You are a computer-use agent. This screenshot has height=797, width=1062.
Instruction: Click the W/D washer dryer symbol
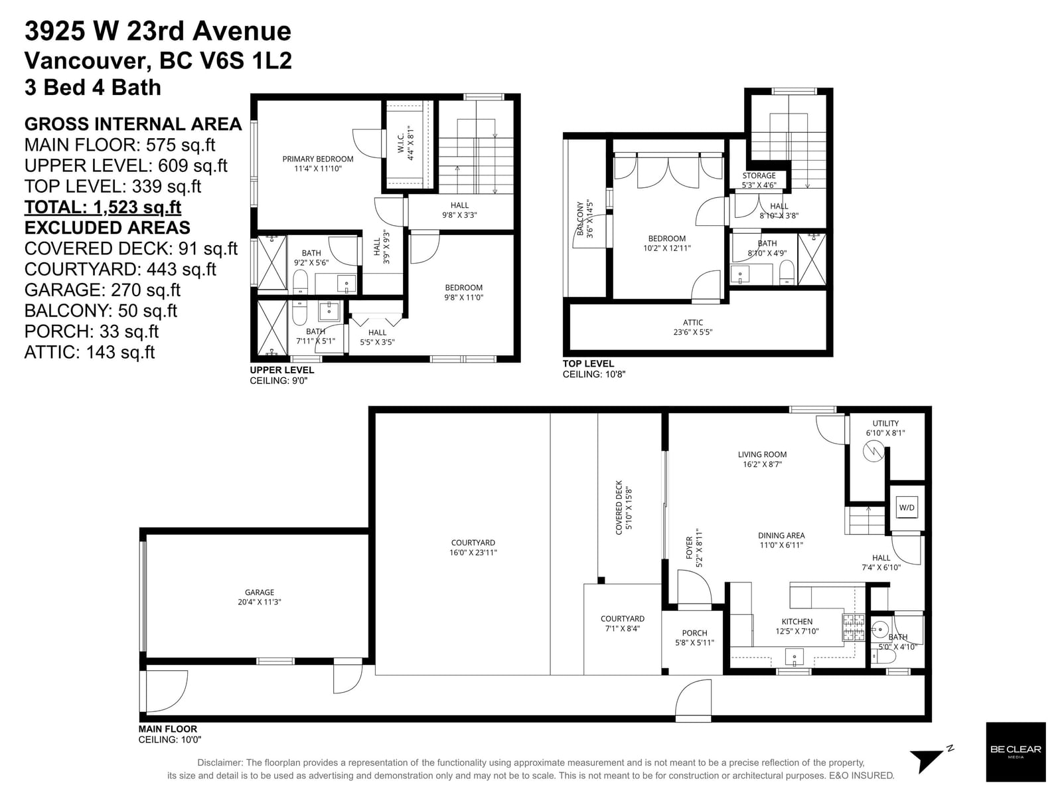click(x=906, y=507)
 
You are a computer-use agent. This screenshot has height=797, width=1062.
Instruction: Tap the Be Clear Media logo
click(x=1016, y=752)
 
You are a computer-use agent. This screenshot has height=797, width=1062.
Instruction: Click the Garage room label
click(x=260, y=597)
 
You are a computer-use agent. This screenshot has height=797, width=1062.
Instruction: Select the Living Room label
click(x=762, y=459)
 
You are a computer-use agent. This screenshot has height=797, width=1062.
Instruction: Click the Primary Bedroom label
click(x=318, y=163)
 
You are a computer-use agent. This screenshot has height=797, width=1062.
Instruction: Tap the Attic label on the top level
click(x=693, y=327)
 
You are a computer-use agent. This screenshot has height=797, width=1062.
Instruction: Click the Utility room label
click(x=885, y=428)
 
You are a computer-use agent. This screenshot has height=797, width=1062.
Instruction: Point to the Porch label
click(x=694, y=638)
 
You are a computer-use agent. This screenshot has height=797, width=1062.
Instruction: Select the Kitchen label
click(x=797, y=626)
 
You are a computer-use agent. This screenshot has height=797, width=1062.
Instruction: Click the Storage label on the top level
click(x=759, y=180)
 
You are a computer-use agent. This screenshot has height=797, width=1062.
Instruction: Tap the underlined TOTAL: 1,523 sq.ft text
click(x=103, y=207)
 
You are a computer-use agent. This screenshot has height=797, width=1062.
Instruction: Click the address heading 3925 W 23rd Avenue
click(x=158, y=31)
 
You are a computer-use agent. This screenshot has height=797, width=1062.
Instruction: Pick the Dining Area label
click(x=781, y=540)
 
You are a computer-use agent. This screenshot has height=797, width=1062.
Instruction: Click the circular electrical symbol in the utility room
click(x=873, y=452)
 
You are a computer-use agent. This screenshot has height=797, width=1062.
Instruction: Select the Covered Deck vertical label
click(x=624, y=507)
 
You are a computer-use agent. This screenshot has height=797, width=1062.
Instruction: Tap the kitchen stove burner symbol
click(x=854, y=628)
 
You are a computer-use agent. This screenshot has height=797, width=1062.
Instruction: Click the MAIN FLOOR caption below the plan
click(x=168, y=729)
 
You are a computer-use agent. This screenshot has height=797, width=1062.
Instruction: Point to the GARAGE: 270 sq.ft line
click(x=102, y=290)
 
